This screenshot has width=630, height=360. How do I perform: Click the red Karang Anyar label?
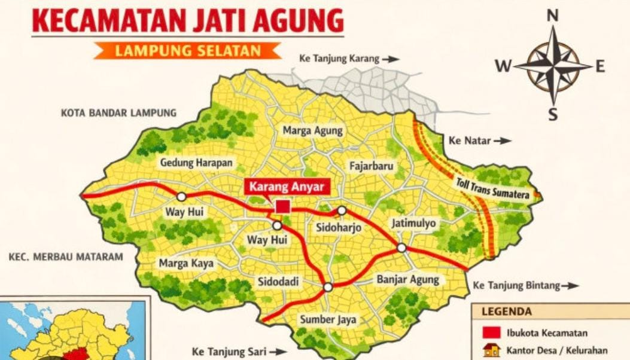[x=287, y=187]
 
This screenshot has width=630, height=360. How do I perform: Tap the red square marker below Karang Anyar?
[x=282, y=207]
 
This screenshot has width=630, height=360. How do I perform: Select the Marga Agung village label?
[x=312, y=130]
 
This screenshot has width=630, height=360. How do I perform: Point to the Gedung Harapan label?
[x=196, y=163]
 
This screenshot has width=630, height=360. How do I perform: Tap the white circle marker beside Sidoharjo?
[x=342, y=210]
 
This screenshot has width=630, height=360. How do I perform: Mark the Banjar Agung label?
[x=408, y=279]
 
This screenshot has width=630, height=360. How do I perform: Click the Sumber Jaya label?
[x=328, y=319]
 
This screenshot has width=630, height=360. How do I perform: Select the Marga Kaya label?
[x=182, y=263]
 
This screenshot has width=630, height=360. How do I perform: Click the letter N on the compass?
[x=553, y=16]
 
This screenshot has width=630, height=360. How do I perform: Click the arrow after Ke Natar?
[x=504, y=141]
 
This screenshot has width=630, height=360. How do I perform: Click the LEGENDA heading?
[x=507, y=312]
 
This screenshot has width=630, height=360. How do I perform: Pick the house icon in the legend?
[x=492, y=350]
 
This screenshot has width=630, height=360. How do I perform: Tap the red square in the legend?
[x=491, y=333]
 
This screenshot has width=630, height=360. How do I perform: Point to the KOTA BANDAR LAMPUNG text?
[x=118, y=112]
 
